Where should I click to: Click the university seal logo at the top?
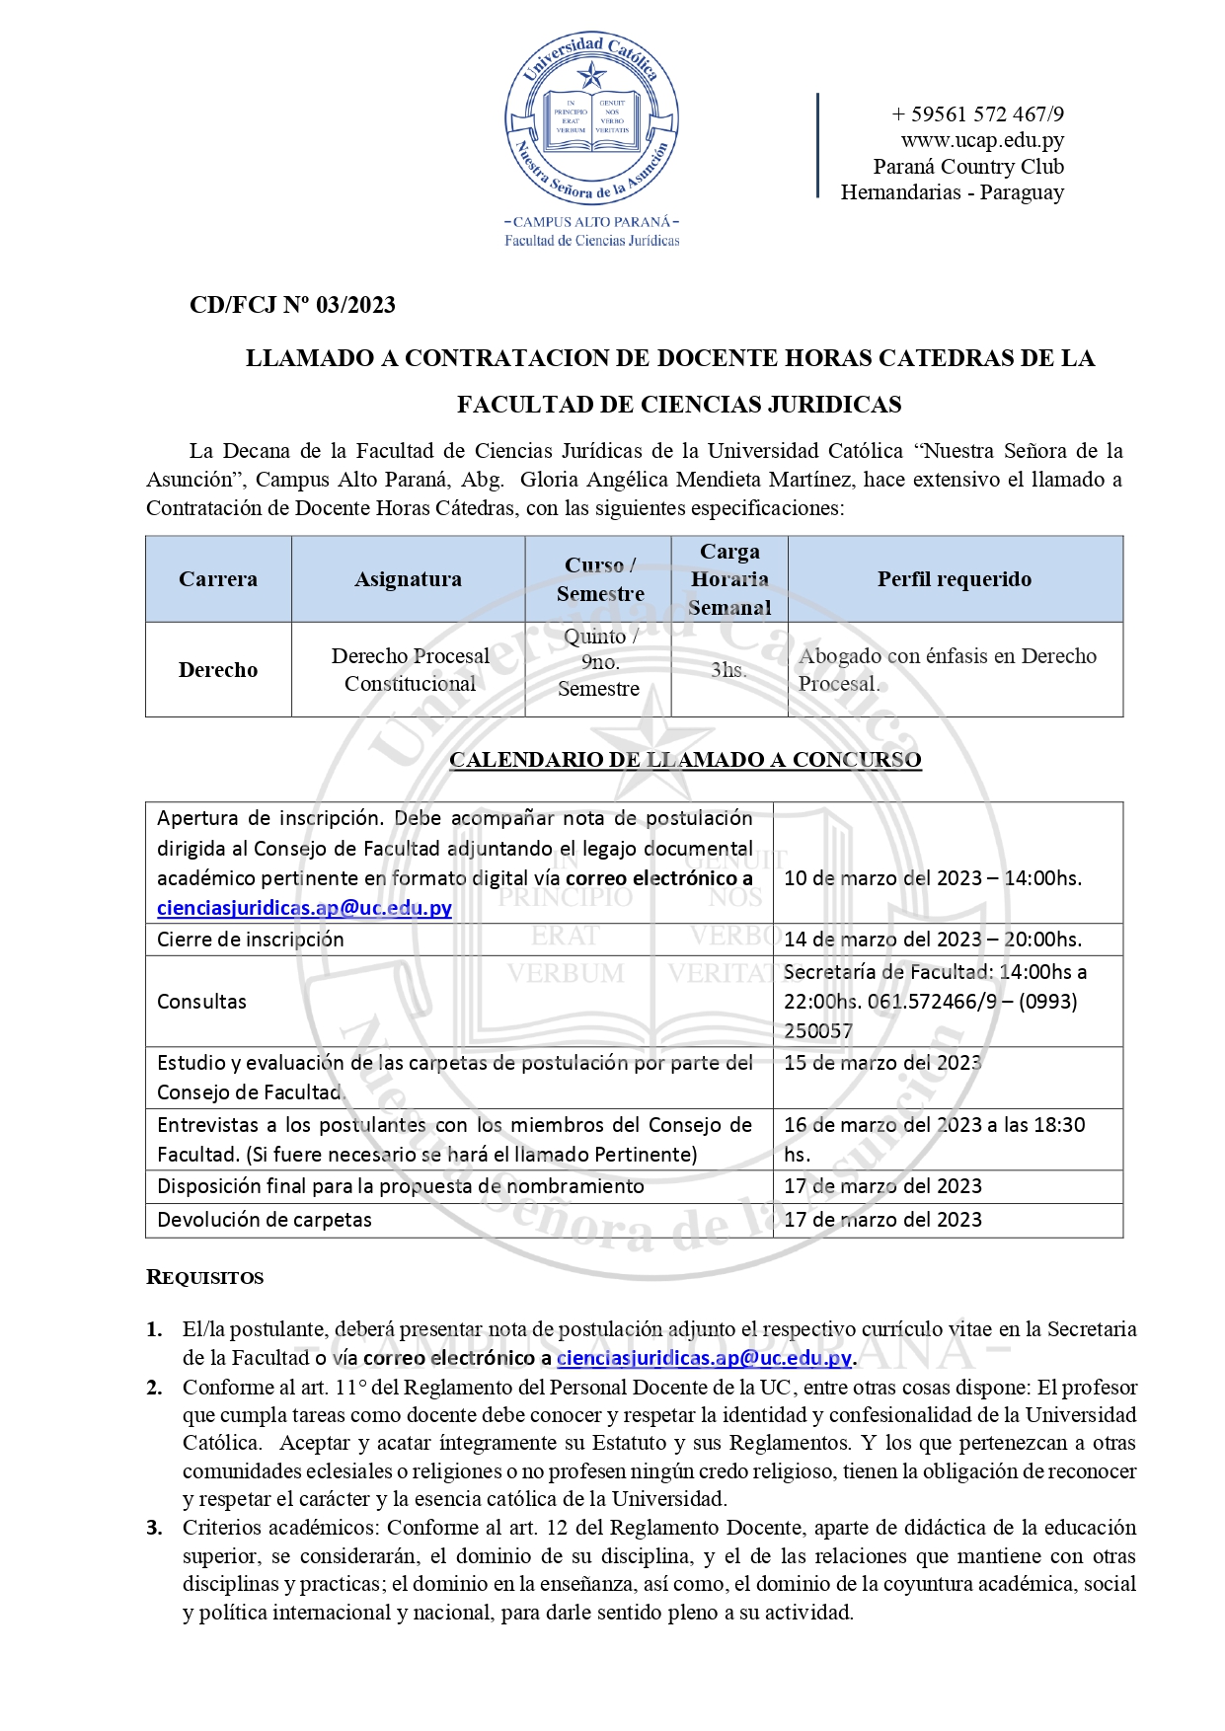(x=591, y=118)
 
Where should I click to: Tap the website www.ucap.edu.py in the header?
(x=981, y=140)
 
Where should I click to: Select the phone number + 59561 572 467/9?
(x=977, y=114)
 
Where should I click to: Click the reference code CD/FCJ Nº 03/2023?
(x=292, y=305)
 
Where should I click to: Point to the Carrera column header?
(x=218, y=579)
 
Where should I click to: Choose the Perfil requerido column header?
(x=955, y=579)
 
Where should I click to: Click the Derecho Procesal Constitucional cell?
(x=410, y=669)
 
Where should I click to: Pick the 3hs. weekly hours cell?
(x=728, y=669)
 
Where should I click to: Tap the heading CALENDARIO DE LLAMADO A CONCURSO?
(x=685, y=759)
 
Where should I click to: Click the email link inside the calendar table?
(x=304, y=908)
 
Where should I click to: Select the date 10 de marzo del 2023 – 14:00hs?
(x=932, y=877)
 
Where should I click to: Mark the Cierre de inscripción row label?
(x=251, y=939)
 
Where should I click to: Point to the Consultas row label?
(x=201, y=1001)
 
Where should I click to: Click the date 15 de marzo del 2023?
(x=882, y=1063)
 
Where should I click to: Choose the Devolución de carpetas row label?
(x=265, y=1219)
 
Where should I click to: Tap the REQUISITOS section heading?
(x=205, y=1277)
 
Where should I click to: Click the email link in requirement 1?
(x=704, y=1358)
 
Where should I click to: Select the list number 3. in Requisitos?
(x=155, y=1528)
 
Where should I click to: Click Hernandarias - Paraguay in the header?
(x=952, y=192)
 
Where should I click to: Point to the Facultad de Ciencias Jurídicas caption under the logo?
(x=592, y=240)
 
